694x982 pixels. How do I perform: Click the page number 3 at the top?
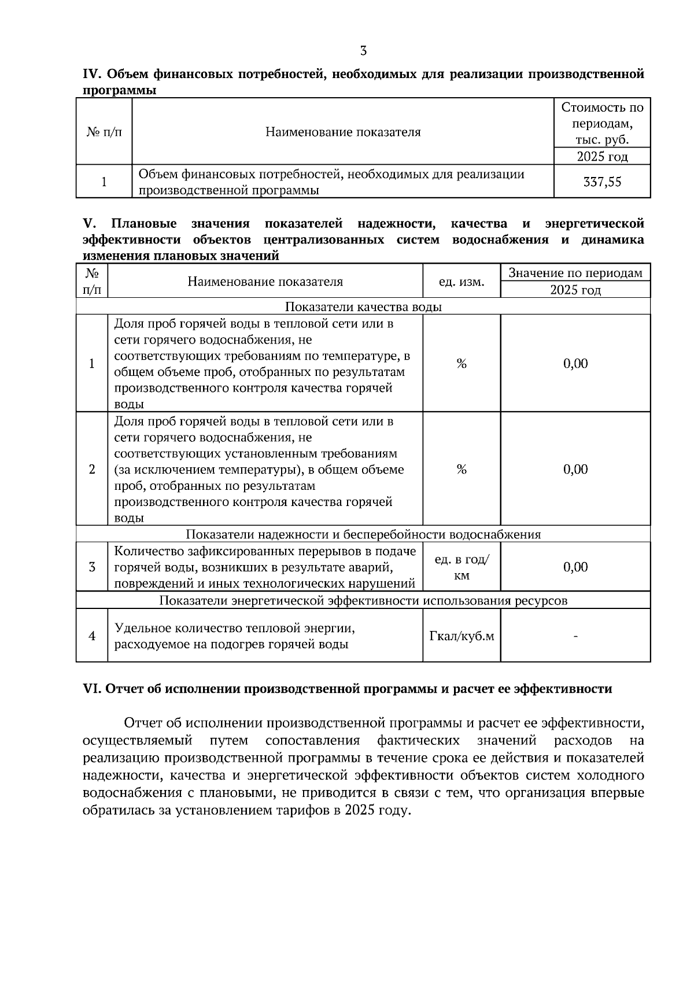click(x=363, y=51)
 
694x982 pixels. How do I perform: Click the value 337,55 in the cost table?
click(x=602, y=182)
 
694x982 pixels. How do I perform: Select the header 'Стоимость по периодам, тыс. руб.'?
click(x=602, y=123)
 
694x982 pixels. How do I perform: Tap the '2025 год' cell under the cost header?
click(x=602, y=157)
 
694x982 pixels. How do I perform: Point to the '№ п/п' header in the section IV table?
click(x=104, y=132)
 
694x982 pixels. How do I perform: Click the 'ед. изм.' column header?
click(x=461, y=282)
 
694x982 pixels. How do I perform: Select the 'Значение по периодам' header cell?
click(x=575, y=273)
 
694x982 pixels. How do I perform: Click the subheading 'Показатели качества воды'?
click(x=363, y=307)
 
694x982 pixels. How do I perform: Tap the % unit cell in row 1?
click(x=461, y=364)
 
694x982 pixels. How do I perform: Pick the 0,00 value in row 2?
click(x=575, y=469)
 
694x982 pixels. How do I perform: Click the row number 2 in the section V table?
click(x=92, y=469)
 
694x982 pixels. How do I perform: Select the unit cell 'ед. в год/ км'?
click(x=461, y=567)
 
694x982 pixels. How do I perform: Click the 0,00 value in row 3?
click(x=575, y=567)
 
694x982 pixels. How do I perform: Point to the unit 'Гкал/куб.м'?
click(x=461, y=636)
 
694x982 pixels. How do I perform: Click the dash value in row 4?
click(x=575, y=636)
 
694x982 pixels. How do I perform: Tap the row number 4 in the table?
click(x=92, y=636)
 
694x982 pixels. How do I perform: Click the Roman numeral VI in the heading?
click(x=92, y=689)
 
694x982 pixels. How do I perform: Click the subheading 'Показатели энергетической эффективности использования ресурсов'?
click(x=363, y=600)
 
